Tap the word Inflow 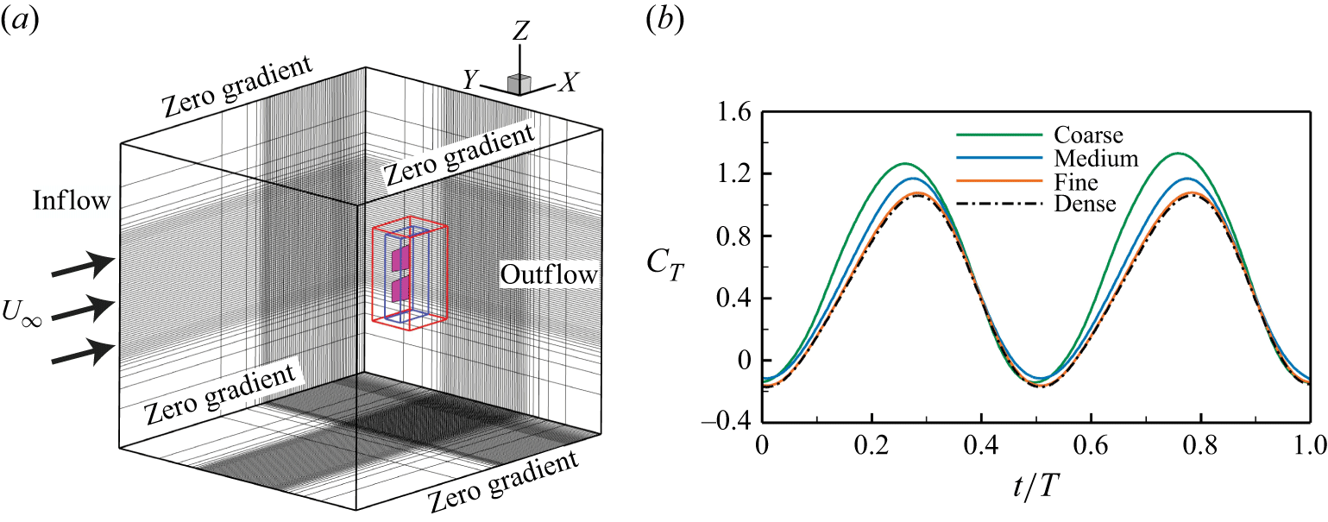pyautogui.click(x=72, y=202)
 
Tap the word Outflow pyautogui.click(x=549, y=275)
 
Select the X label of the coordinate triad pyautogui.click(x=569, y=82)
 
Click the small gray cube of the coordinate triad pyautogui.click(x=518, y=84)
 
